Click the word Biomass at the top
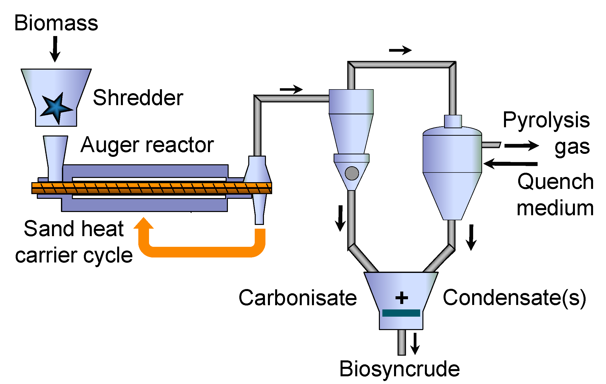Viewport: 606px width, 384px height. pyautogui.click(x=56, y=23)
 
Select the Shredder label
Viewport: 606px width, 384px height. pyautogui.click(x=138, y=98)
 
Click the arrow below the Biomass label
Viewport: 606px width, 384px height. pyautogui.click(x=55, y=49)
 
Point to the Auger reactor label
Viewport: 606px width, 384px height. pyautogui.click(x=147, y=145)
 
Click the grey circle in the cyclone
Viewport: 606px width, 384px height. pyautogui.click(x=352, y=173)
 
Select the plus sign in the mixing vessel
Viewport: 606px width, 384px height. pyautogui.click(x=402, y=298)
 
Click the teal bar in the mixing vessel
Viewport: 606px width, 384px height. pyautogui.click(x=401, y=313)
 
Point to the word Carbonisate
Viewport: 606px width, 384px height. pyautogui.click(x=298, y=298)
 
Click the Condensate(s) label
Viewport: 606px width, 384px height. pyautogui.click(x=514, y=298)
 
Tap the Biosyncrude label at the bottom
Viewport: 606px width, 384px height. pyautogui.click(x=399, y=369)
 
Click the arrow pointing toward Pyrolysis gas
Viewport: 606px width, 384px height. pyautogui.click(x=521, y=145)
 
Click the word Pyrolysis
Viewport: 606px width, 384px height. pyautogui.click(x=546, y=120)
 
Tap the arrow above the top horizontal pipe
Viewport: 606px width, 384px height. pyautogui.click(x=400, y=50)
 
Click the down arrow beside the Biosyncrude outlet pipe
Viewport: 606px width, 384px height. pyautogui.click(x=415, y=343)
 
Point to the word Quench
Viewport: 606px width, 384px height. pyautogui.click(x=555, y=182)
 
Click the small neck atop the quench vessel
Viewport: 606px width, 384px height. pyautogui.click(x=453, y=122)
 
